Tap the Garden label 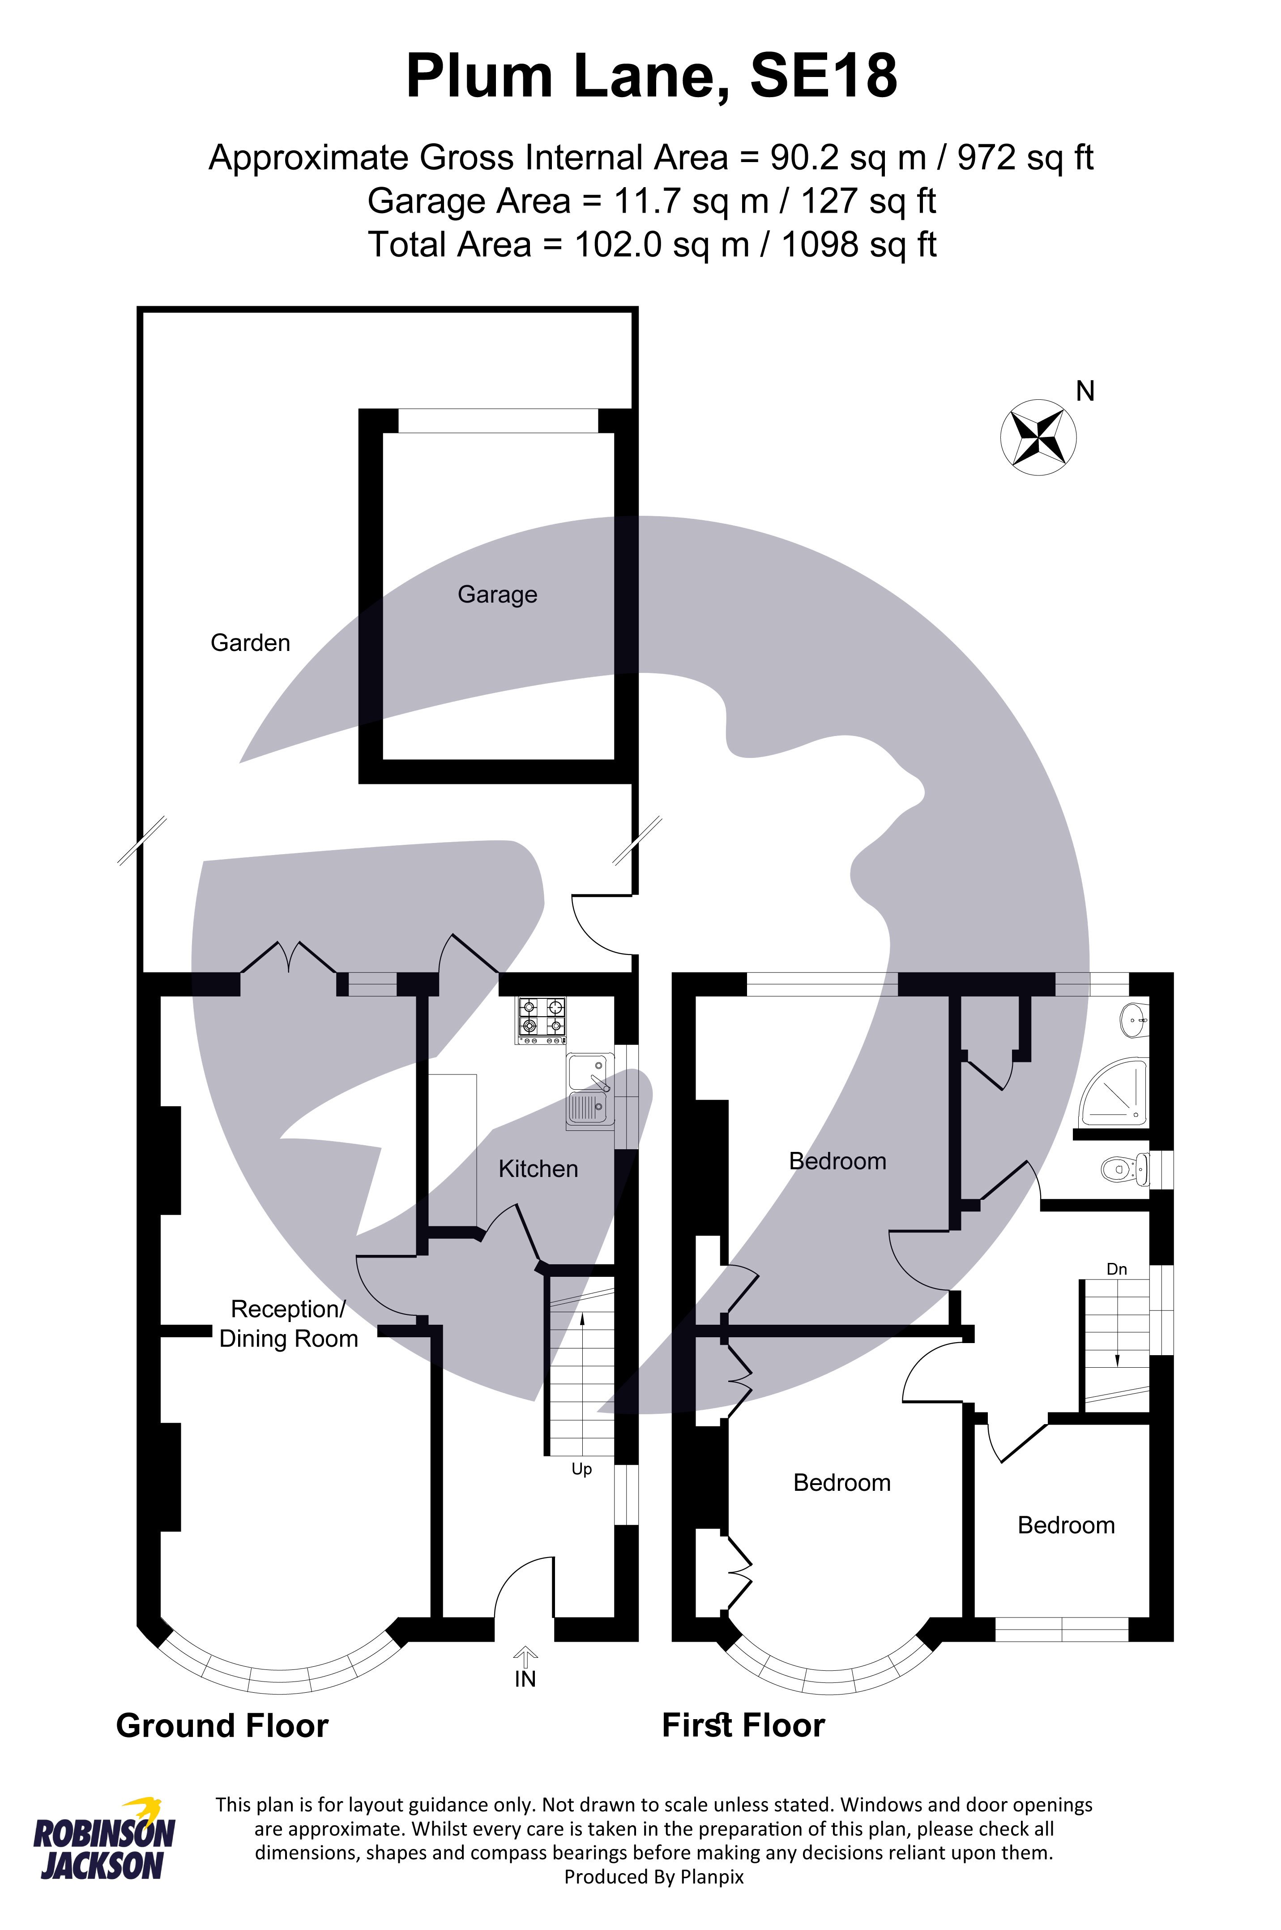coord(250,643)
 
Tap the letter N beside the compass coord(1085,392)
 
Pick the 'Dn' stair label coord(1116,1269)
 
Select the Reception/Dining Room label coord(288,1324)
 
